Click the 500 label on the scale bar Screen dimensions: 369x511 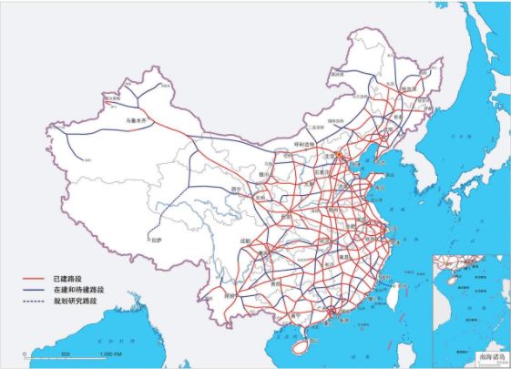(66, 353)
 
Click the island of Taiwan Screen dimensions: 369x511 (400, 293)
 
